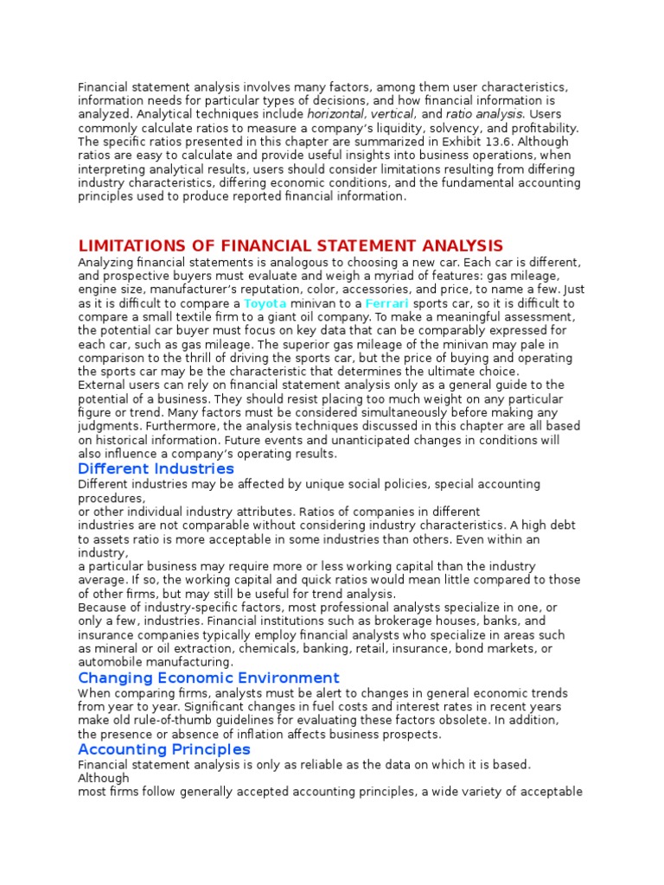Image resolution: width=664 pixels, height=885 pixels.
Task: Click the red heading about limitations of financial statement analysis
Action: [x=290, y=246]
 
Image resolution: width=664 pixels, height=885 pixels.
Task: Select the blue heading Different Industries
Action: [x=156, y=468]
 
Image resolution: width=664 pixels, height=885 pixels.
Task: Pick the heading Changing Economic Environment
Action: [x=208, y=678]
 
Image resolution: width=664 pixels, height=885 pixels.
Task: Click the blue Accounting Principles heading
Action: [x=164, y=748]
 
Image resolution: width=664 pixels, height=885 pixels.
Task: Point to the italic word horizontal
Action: [x=336, y=114]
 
